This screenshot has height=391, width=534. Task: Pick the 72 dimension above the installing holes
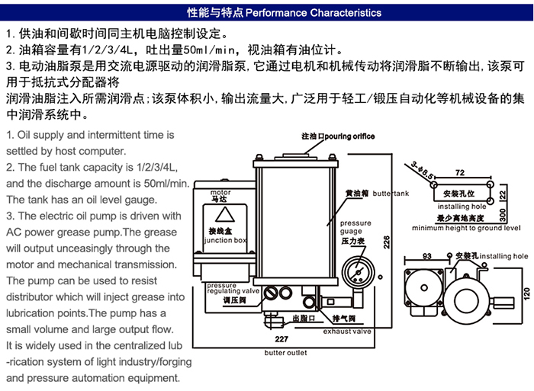pyautogui.click(x=459, y=174)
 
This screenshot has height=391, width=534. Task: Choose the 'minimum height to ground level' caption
pyautogui.click(x=466, y=227)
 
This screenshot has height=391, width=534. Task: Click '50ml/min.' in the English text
pyautogui.click(x=162, y=184)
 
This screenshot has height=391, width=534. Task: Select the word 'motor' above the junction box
pyautogui.click(x=220, y=193)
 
